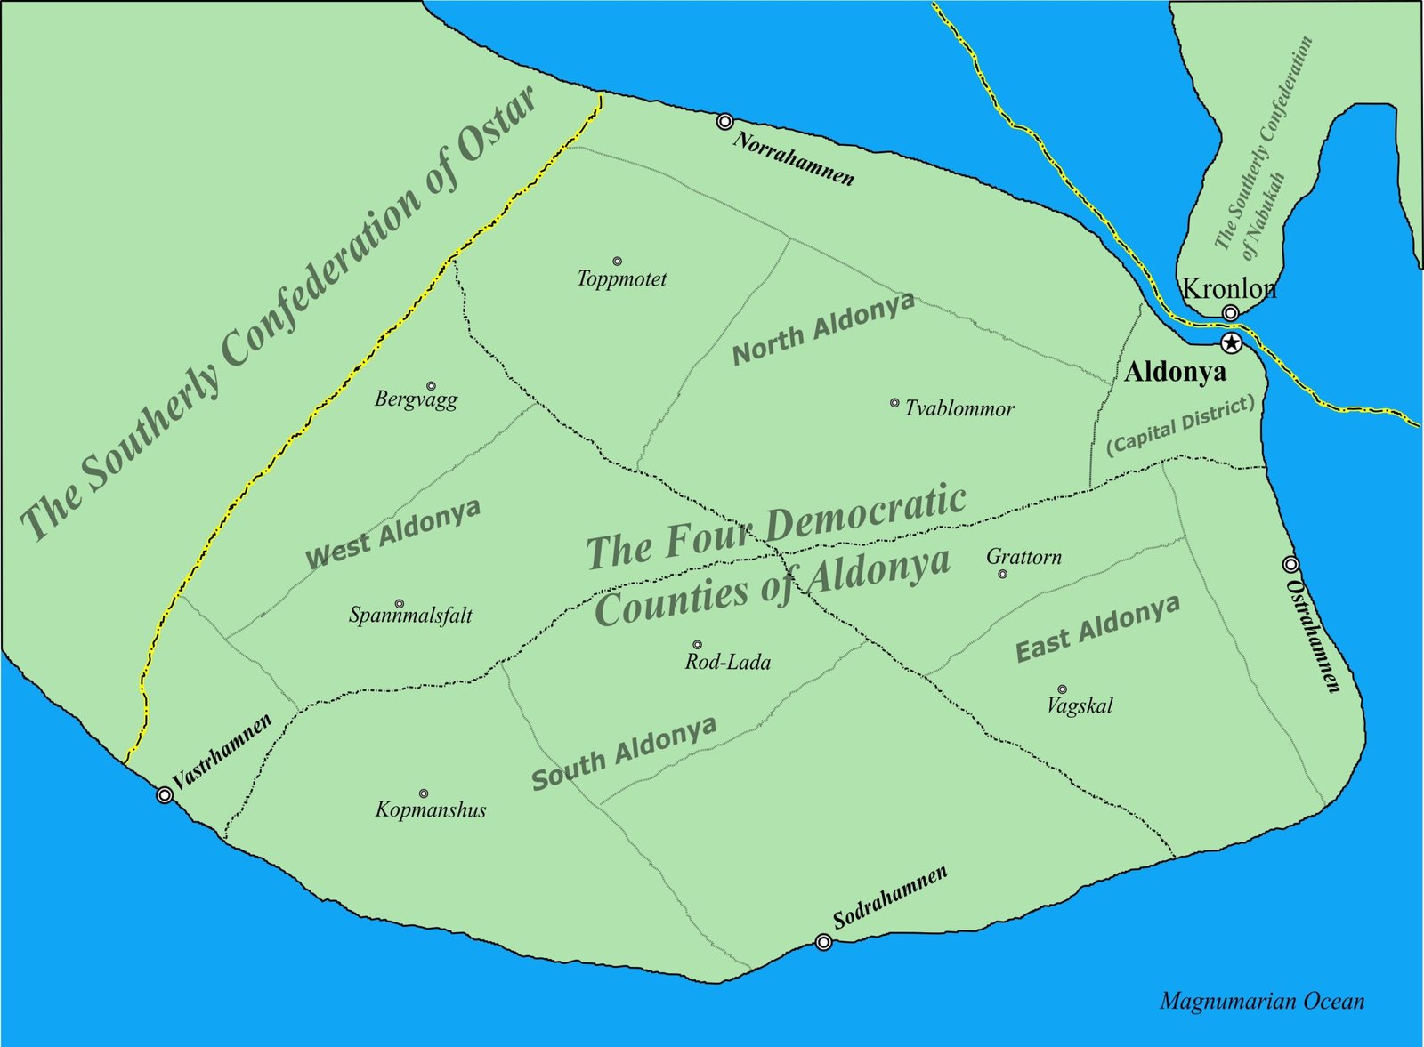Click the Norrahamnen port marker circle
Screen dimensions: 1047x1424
click(x=725, y=121)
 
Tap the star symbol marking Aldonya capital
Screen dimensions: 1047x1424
click(x=1231, y=343)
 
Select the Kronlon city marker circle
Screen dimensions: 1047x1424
click(x=1230, y=313)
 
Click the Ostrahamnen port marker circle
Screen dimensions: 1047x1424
click(x=1290, y=564)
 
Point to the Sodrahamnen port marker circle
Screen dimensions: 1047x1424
click(x=824, y=942)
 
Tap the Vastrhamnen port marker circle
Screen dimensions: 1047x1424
click(x=165, y=794)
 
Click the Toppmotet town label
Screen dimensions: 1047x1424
click(x=621, y=279)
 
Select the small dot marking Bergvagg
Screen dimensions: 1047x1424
click(x=431, y=386)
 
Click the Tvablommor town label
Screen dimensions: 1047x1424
click(x=959, y=409)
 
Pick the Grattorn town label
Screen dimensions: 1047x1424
click(x=1023, y=557)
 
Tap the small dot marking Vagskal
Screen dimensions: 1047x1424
click(x=1062, y=689)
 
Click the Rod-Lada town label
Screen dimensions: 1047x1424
click(x=727, y=662)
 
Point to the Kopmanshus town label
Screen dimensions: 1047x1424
click(x=431, y=809)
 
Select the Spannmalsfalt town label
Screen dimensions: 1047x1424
click(x=410, y=615)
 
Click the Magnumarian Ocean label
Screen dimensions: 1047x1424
click(x=1261, y=1002)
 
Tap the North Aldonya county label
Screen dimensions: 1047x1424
click(x=823, y=328)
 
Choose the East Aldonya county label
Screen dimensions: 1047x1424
click(x=1098, y=628)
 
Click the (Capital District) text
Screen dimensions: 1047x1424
click(x=1180, y=425)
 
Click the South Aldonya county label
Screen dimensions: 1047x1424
click(x=624, y=753)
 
